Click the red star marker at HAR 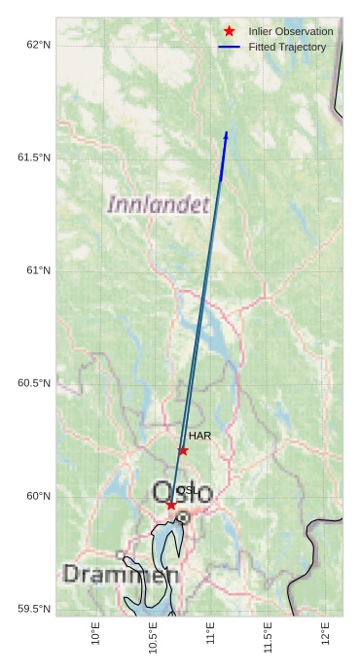[183, 450]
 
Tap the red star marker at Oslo [171, 505]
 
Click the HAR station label [199, 436]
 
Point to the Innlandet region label [158, 204]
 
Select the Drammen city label [121, 575]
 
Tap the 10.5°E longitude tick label [153, 638]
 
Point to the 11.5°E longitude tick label [268, 638]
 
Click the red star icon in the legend [230, 31]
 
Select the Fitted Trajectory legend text [287, 47]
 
